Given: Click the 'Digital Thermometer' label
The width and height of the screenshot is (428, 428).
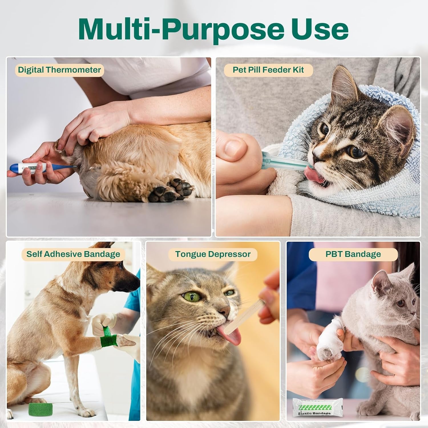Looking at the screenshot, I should (59, 70).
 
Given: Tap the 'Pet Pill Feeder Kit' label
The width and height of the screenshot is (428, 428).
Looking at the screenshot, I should (268, 70).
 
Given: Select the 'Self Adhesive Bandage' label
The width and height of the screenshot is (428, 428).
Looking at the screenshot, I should (73, 254).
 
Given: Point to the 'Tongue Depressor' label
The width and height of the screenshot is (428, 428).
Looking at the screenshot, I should (213, 254).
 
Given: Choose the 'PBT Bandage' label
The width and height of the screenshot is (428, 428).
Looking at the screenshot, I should (353, 254).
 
